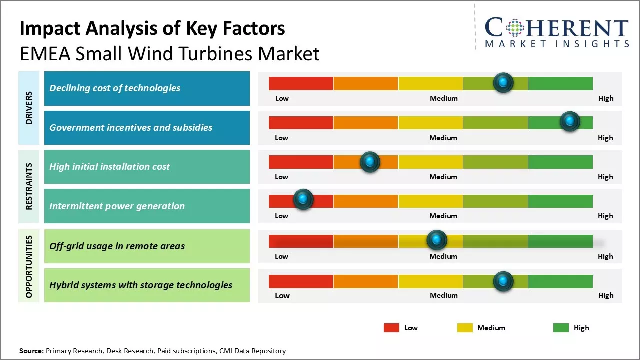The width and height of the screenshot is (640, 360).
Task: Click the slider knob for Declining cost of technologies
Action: tap(503, 82)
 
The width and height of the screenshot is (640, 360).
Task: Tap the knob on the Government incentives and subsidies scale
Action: tap(569, 121)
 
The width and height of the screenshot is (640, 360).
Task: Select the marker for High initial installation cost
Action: tap(370, 161)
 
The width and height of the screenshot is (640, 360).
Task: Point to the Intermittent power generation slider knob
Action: tap(303, 199)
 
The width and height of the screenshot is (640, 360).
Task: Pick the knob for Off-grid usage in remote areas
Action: tap(437, 240)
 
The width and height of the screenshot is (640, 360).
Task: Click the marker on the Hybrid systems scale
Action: tap(503, 281)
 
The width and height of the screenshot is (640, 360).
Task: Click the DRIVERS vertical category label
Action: tap(28, 108)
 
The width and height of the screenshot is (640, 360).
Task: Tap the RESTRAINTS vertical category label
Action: tap(28, 186)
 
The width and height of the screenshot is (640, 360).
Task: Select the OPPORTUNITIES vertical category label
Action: tap(28, 266)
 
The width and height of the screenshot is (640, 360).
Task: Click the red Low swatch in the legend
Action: tap(391, 328)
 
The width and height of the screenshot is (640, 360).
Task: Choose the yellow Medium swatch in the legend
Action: tap(465, 328)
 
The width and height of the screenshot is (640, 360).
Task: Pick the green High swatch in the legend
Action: tap(561, 328)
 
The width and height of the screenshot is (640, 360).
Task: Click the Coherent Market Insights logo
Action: tap(556, 32)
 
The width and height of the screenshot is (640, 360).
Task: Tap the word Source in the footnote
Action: tap(31, 351)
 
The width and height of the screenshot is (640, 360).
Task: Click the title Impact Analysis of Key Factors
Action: tap(152, 29)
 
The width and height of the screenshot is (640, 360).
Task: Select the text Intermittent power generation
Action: tap(117, 206)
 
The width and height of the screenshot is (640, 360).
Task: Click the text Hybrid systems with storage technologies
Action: tap(141, 285)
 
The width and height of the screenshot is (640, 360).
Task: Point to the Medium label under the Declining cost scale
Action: tap(444, 98)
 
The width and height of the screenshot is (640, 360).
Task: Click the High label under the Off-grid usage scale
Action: tap(605, 256)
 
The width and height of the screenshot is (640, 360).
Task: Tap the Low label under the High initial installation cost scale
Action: tap(281, 177)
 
